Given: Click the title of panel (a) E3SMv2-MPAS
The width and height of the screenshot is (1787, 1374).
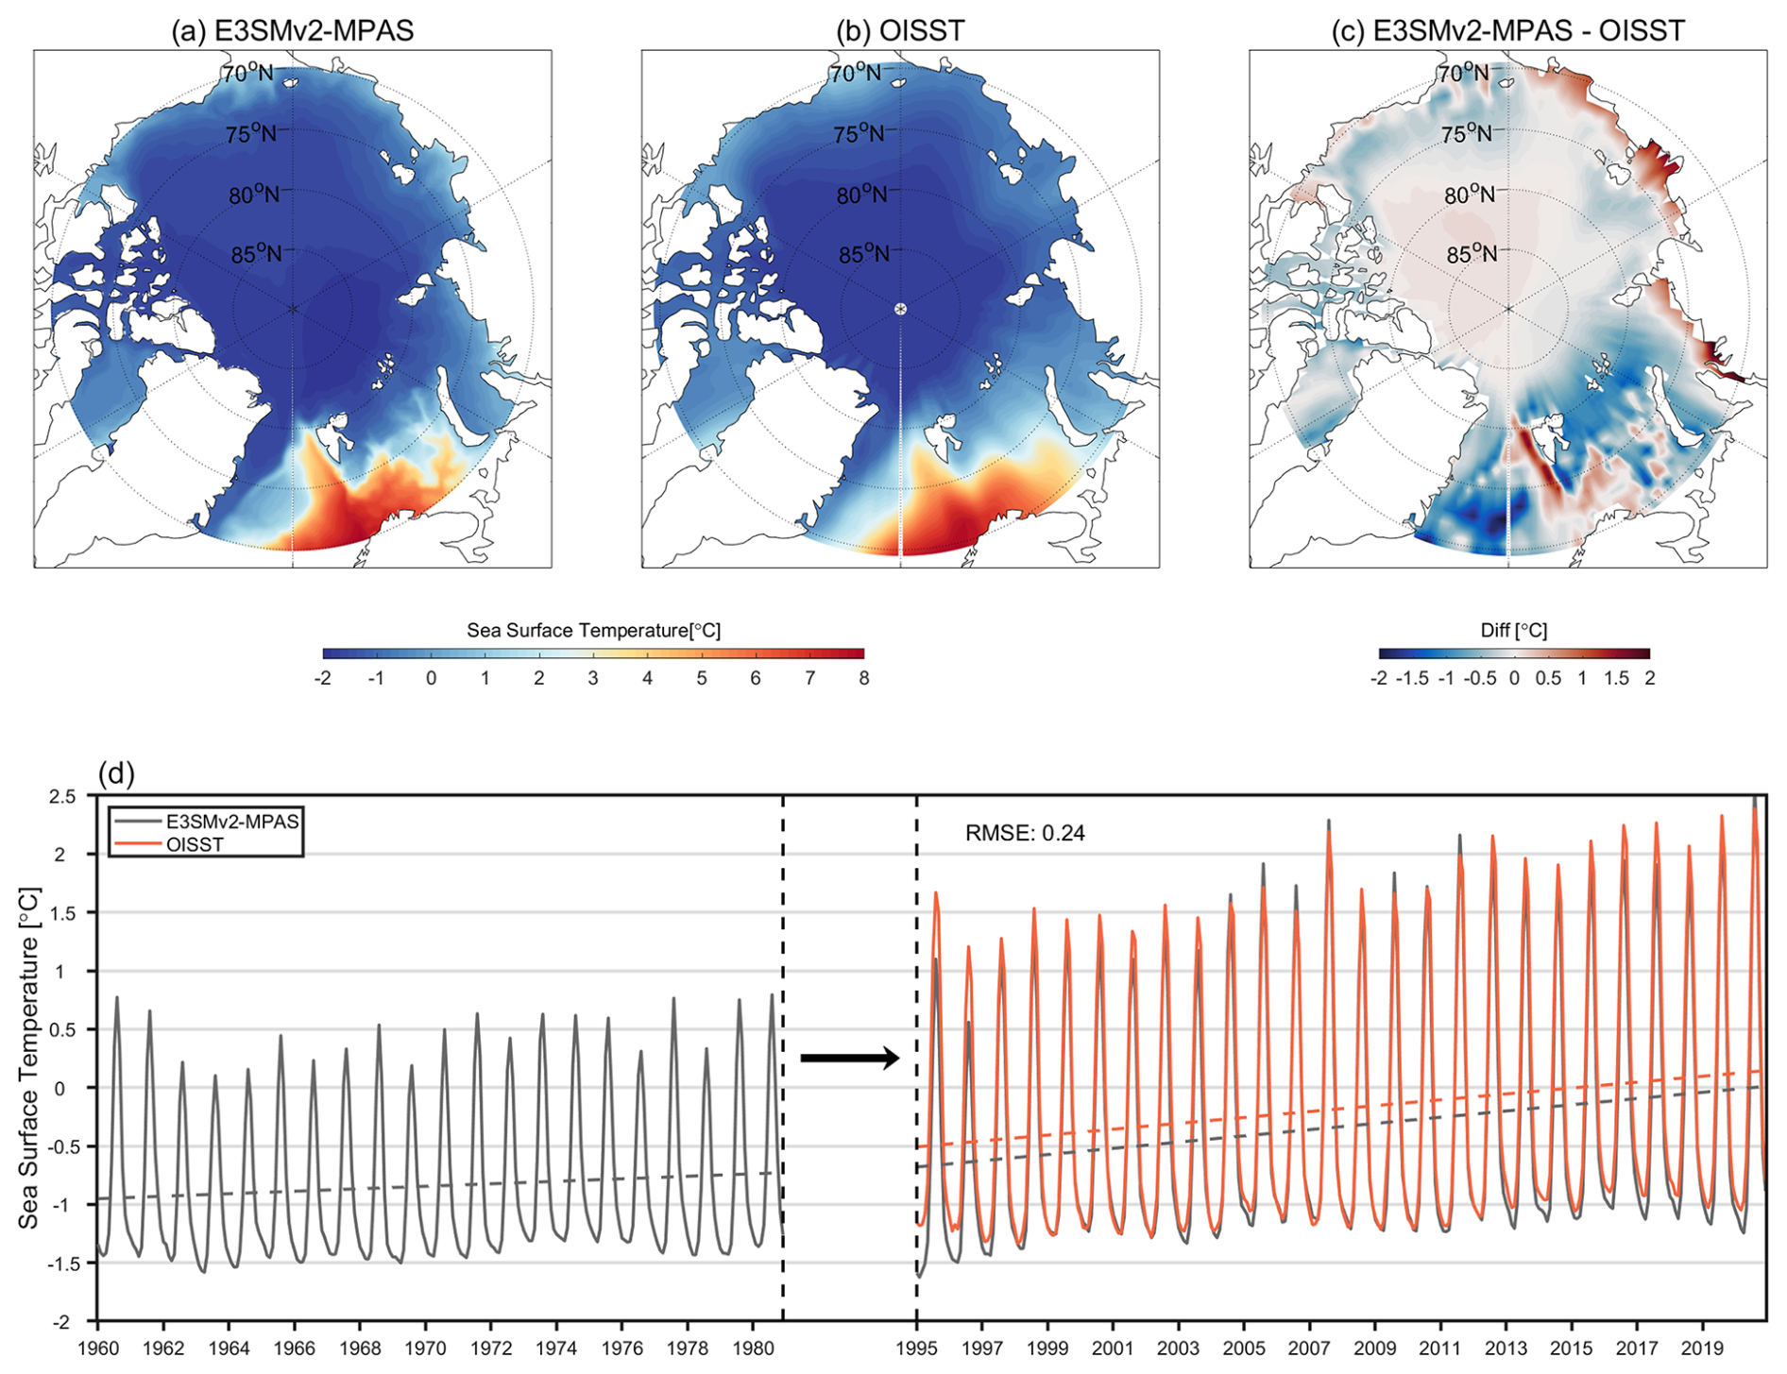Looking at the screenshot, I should pos(292,30).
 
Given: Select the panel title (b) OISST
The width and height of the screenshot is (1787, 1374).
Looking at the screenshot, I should pos(900,30).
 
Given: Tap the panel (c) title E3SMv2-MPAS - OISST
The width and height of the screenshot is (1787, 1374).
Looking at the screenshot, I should pos(1507,30).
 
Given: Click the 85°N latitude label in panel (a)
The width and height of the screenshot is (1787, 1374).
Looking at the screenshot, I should pos(256,254).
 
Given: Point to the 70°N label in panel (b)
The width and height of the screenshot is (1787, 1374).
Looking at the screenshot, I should pos(855,73).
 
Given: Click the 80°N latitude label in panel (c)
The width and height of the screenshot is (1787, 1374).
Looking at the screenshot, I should pos(1471,195).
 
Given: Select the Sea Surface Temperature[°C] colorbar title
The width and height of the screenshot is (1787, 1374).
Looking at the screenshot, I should pos(593,630).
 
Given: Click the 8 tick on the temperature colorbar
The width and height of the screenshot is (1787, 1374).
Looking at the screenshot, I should pos(863,678).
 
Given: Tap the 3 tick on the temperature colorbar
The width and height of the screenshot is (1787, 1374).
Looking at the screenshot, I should pos(593,678).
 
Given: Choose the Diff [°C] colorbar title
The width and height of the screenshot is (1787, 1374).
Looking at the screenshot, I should pos(1513,630).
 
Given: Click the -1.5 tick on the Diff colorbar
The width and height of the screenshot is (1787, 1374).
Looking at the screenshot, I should pos(1413,678).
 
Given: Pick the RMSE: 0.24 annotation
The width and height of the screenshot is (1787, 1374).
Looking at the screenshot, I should pos(1025,833).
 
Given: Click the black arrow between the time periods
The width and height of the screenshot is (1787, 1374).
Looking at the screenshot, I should pos(850,1058).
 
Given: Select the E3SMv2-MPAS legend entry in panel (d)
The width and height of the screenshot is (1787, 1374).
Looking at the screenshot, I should pos(231,822).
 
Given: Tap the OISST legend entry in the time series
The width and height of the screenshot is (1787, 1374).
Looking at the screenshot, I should pos(195,844).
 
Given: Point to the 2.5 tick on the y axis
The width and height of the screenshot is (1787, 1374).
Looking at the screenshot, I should pos(63,796).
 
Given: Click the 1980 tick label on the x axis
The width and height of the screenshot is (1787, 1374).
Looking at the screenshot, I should pos(753,1348).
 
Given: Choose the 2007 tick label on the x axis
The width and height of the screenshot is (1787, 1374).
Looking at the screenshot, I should pos(1309,1348).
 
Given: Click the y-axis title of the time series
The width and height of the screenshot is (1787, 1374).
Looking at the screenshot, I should pos(29,1058).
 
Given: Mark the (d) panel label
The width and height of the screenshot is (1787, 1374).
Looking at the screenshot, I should pos(116,774).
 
